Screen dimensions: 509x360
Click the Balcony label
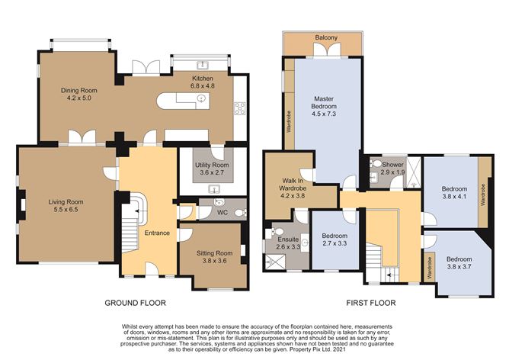pyautogui.click(x=326, y=37)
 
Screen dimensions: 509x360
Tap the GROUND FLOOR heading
pyautogui.click(x=135, y=303)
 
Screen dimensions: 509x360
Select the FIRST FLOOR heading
pyautogui.click(x=371, y=303)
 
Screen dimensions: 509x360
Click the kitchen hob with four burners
pyautogui.click(x=240, y=108)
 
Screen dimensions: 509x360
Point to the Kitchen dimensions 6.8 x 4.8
pyautogui.click(x=203, y=86)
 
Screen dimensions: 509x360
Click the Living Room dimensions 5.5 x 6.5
pyautogui.click(x=66, y=210)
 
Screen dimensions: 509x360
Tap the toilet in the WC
pyautogui.click(x=241, y=213)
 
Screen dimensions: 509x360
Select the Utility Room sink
pyautogui.click(x=214, y=188)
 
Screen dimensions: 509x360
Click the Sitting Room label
pyautogui.click(x=214, y=253)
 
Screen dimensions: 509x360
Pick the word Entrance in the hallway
pyautogui.click(x=157, y=233)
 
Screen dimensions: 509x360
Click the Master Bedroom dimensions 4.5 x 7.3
pyautogui.click(x=324, y=114)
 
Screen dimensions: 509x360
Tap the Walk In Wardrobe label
pyautogui.click(x=293, y=185)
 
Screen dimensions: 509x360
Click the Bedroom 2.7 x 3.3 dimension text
pyautogui.click(x=335, y=243)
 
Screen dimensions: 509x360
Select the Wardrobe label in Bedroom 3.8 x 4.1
pyautogui.click(x=482, y=194)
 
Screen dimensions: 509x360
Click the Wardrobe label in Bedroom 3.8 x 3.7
pyautogui.click(x=430, y=268)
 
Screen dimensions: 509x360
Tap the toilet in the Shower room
pyautogui.click(x=375, y=163)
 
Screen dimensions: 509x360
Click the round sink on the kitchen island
pyautogui.click(x=203, y=98)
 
